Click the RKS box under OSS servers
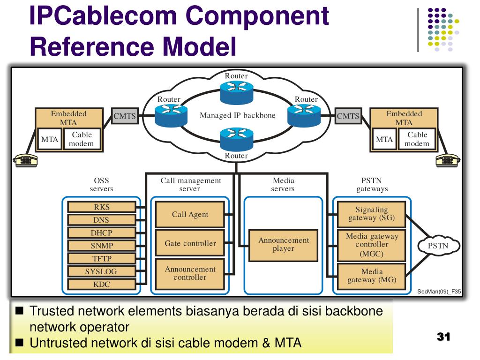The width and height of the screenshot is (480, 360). (101, 207)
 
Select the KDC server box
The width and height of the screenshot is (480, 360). (101, 284)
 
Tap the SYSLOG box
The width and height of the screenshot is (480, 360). (101, 271)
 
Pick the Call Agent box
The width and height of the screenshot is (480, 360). (190, 214)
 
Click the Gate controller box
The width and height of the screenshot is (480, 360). (190, 243)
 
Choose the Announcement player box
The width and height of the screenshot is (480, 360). (284, 245)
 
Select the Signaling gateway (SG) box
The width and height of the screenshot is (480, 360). (371, 214)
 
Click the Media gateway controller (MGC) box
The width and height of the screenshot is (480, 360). (371, 245)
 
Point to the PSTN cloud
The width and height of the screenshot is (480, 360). (438, 246)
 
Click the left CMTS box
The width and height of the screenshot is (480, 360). (125, 116)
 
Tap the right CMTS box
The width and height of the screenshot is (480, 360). (348, 116)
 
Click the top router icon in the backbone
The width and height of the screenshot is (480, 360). (237, 92)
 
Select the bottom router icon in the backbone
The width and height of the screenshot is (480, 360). (237, 139)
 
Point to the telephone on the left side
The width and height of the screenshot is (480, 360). (25, 160)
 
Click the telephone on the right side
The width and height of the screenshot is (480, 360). (448, 160)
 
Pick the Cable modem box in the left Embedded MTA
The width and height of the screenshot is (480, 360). (82, 139)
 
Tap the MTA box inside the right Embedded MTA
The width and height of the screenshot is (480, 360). (384, 139)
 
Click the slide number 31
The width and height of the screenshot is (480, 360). (443, 337)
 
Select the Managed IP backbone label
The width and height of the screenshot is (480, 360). (237, 115)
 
